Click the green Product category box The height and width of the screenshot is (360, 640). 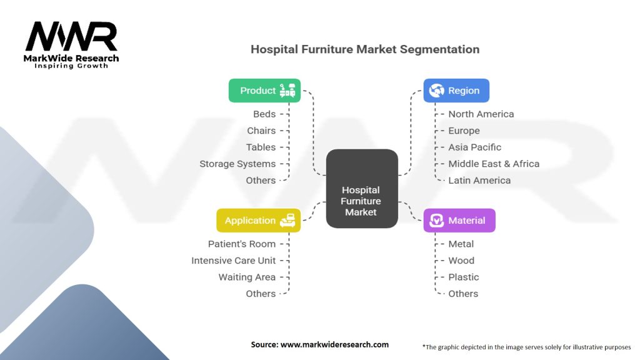[264, 91]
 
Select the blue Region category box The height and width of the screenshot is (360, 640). [456, 91]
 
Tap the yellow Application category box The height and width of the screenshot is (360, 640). [258, 221]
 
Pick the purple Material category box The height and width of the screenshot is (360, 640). [459, 221]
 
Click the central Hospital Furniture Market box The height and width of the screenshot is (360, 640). [362, 201]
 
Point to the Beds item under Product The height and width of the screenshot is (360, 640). [264, 114]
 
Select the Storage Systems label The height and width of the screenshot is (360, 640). [237, 164]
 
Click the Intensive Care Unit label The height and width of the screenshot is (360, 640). [233, 261]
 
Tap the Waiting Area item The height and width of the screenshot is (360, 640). [247, 277]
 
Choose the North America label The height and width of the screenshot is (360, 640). [481, 114]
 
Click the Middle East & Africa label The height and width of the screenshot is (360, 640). [494, 164]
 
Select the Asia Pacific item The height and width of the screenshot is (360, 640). [474, 147]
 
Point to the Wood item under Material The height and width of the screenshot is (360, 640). [461, 261]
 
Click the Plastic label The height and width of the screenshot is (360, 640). [464, 277]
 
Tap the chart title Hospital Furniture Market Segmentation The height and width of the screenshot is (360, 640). [365, 49]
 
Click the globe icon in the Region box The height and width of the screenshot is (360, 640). [436, 91]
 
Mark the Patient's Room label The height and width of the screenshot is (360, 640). [242, 244]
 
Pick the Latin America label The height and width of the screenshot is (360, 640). [479, 181]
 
